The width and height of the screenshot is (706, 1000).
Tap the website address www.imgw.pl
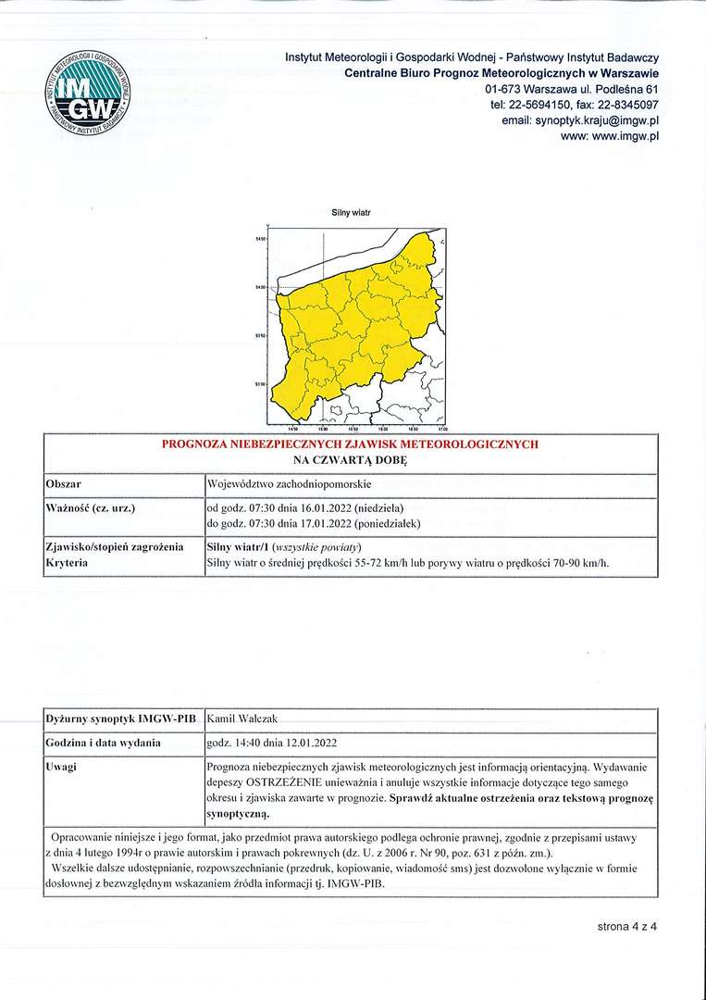point(625,136)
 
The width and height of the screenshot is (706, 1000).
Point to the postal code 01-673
point(504,89)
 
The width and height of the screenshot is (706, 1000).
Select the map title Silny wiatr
point(351,213)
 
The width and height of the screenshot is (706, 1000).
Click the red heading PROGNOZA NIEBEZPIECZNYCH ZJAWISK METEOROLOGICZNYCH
point(350,444)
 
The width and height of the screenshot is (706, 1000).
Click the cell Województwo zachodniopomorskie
point(289,484)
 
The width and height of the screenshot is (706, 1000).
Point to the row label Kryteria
point(68,563)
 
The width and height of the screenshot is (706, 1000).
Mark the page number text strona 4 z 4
point(626,926)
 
